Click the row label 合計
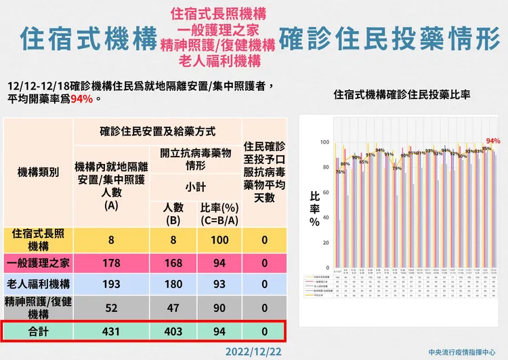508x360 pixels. [37, 332]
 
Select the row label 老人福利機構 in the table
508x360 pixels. [37, 284]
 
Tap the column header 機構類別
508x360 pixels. [37, 172]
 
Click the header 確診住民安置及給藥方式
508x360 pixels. [157, 130]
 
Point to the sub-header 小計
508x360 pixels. [196, 186]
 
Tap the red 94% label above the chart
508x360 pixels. [492, 141]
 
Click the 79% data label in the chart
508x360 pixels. [397, 167]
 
